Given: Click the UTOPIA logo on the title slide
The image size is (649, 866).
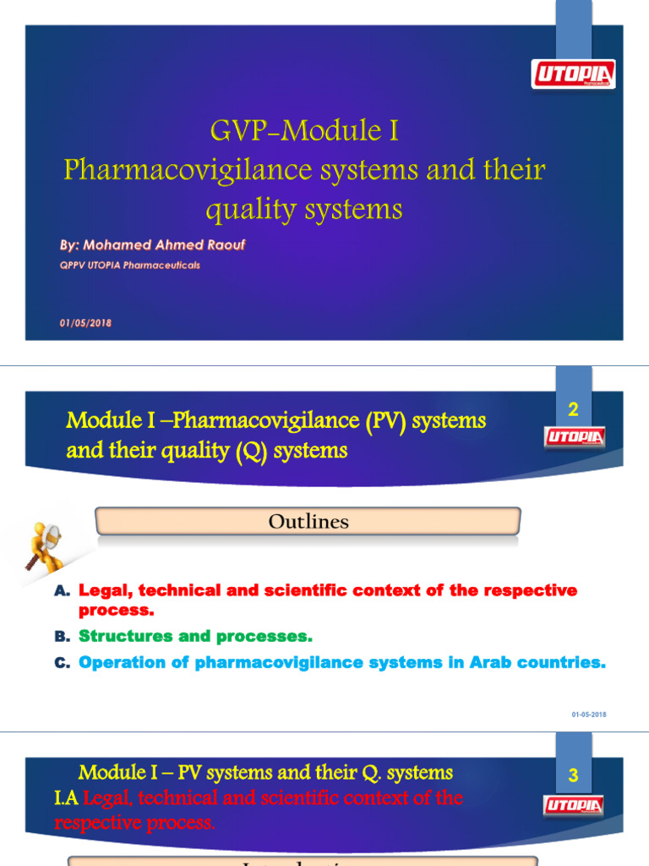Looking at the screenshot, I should [x=573, y=74].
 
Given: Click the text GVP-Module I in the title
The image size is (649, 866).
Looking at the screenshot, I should [x=303, y=131].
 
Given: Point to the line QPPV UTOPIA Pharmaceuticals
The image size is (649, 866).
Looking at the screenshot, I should [x=129, y=265].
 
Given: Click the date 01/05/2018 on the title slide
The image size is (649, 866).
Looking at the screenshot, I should [x=85, y=323].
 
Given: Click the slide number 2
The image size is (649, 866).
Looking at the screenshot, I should [x=573, y=410].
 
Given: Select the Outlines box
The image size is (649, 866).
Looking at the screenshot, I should [x=308, y=522].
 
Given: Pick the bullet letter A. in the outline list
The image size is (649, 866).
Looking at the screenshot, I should [x=62, y=591].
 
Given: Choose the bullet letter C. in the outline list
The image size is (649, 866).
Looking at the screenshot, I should [x=62, y=664].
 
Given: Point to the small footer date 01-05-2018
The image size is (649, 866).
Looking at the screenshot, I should [x=589, y=715].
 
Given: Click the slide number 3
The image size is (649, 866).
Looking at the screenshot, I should [x=573, y=776].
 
